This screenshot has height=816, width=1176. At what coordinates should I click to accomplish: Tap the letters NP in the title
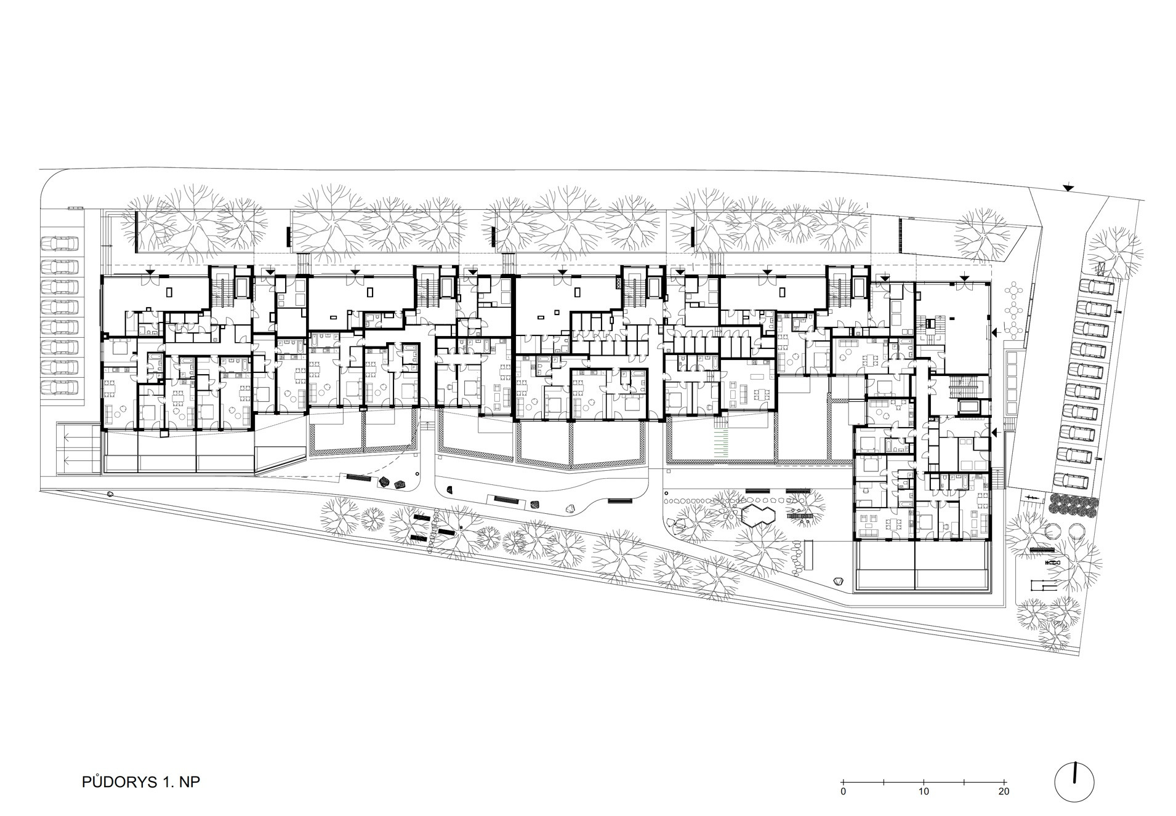190,782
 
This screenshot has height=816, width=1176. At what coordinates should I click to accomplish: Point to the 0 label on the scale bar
844,791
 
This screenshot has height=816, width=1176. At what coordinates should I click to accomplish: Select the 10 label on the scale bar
924,791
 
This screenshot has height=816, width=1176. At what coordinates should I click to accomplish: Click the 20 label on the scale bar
1004,791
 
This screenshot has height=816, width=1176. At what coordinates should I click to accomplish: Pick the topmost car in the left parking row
60,244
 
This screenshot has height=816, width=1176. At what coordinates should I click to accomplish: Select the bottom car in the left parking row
60,388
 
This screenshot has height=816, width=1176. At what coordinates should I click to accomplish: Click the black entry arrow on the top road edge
1068,188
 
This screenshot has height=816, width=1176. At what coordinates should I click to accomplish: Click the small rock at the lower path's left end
110,494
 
